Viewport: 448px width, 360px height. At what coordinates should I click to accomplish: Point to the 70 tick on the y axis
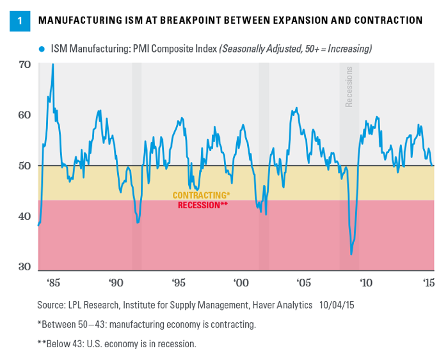24,65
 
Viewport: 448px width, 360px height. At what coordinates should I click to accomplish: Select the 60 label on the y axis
24,115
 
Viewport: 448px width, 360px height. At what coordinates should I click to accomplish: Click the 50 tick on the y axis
24,165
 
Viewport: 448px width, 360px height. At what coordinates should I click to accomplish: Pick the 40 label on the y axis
24,216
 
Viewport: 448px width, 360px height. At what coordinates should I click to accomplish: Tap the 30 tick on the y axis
24,266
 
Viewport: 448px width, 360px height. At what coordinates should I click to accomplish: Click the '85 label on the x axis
53,282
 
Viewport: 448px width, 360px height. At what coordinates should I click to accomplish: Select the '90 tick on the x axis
116,282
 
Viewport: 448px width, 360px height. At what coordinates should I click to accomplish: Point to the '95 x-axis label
179,282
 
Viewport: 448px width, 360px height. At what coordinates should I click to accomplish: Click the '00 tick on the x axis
241,282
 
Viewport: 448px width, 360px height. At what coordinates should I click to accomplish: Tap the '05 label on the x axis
303,282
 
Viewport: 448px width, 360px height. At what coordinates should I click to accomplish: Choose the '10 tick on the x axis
366,282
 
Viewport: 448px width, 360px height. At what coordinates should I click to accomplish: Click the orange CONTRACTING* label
202,195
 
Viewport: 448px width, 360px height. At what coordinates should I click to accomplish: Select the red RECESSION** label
203,205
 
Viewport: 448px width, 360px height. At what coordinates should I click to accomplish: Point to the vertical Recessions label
349,86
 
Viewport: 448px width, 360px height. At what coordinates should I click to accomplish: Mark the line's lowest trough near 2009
351,254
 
